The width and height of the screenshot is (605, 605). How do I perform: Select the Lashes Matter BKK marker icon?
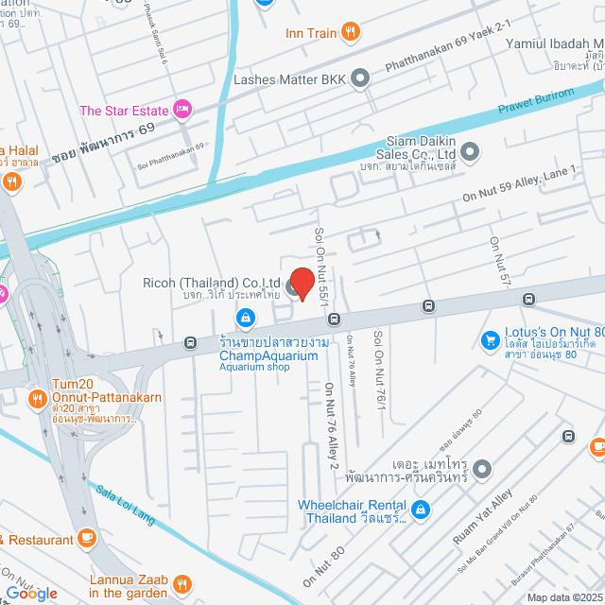359,79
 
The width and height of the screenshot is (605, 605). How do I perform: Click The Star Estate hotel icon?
183,111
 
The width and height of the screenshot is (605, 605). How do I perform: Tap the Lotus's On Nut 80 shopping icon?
490,338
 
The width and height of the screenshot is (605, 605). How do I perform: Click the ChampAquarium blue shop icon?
245,317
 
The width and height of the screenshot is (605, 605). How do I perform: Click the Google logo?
31,593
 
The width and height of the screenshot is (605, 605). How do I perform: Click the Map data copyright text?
563,597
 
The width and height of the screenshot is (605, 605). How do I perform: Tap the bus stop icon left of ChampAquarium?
190,342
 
